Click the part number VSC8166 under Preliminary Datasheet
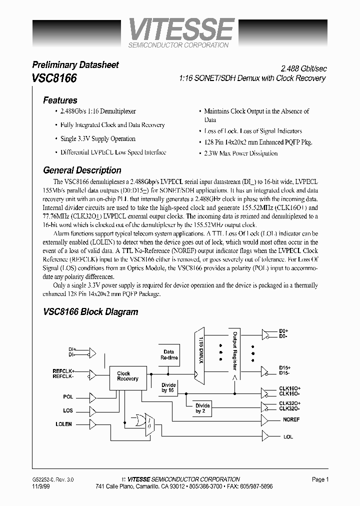54,78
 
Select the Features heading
60,100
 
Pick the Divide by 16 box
168,387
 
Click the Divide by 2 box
202,407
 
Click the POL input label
68,396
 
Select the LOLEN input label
63,424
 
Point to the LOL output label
287,436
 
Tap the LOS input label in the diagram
68,410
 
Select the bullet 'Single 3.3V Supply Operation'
97,139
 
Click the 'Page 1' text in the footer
320,479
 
